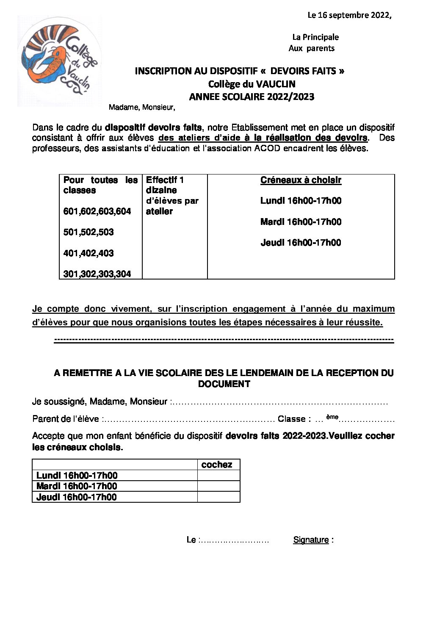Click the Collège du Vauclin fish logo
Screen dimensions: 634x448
coord(59,61)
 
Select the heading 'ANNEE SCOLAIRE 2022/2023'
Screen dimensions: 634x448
coord(252,97)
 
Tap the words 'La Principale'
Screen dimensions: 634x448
coord(315,37)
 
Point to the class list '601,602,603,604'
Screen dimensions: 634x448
coord(97,211)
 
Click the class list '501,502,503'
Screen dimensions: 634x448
coord(88,232)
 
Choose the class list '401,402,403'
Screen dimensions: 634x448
coord(88,253)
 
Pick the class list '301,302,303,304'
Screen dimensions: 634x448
coord(97,274)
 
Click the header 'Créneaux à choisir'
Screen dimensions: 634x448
coord(301,180)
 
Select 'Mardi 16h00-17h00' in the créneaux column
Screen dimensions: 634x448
coord(301,222)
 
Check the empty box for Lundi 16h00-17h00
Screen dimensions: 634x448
coord(218,475)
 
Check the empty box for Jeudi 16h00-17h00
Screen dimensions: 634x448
coord(218,497)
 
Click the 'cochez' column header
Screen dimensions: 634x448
coord(217,465)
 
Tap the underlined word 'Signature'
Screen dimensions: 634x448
coord(311,540)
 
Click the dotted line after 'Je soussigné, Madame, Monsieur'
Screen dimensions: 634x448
coord(279,402)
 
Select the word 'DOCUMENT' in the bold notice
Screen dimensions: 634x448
coord(224,384)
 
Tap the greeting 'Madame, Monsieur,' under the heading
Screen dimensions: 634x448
coord(142,108)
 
